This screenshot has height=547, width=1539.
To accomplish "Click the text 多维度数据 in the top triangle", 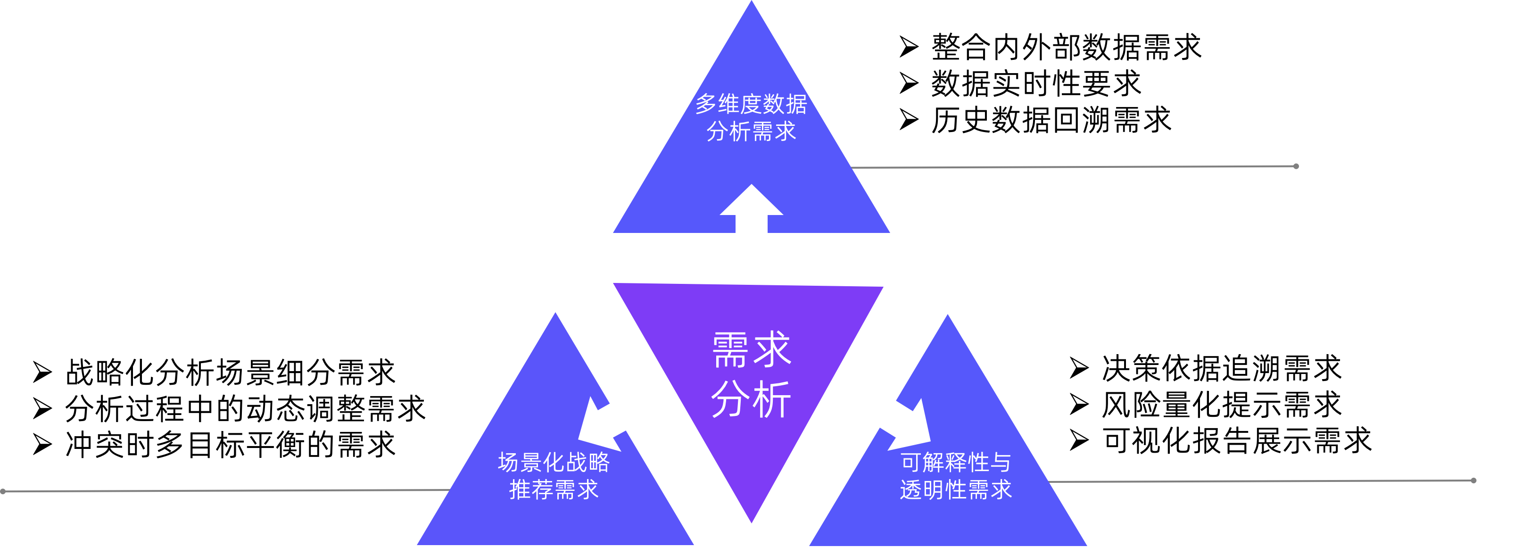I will [751, 104].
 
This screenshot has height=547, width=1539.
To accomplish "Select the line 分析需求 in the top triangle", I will [751, 131].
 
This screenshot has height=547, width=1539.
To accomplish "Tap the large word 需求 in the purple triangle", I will [751, 350].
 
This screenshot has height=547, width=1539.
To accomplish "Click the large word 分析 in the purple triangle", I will [751, 399].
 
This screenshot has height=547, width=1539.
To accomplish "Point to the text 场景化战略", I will [554, 462].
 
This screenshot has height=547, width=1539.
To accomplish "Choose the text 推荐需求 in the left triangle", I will [554, 489].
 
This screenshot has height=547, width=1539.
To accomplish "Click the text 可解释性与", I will [955, 462].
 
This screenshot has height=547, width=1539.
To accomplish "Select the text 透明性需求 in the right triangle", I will [955, 489].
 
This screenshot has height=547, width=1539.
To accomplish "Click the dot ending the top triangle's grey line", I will [1296, 166].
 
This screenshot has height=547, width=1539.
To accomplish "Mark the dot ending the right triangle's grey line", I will [1473, 481].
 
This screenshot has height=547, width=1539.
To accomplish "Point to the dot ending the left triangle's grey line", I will [3, 491].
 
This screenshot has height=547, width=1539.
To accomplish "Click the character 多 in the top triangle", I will [705, 104].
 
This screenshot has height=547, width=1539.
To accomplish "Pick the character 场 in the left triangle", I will [508, 462].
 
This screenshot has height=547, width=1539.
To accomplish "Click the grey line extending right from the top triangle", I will [1076, 167].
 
